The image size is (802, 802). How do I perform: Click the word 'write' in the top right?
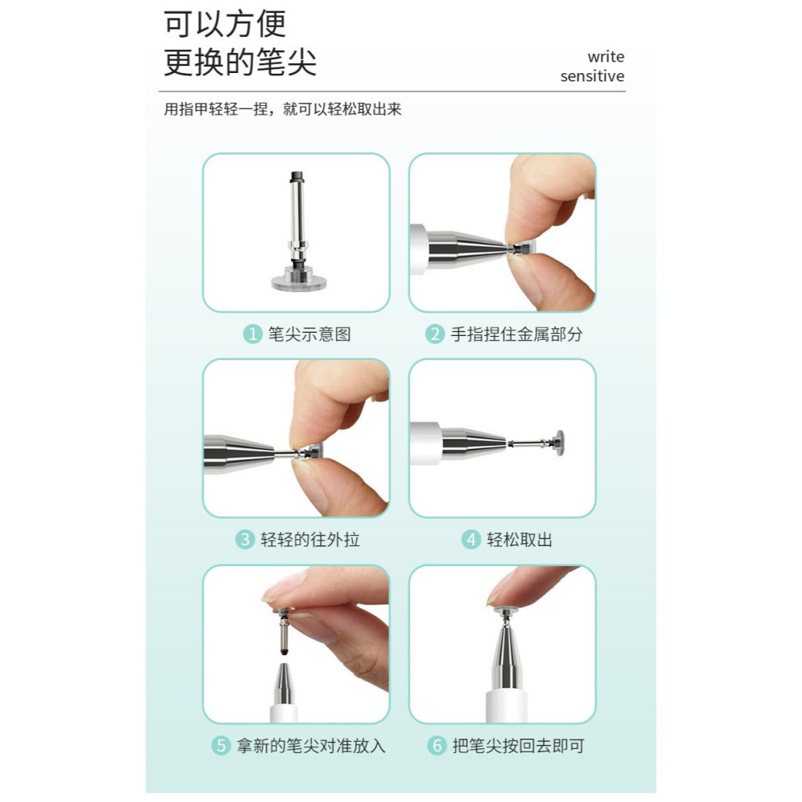(606, 57)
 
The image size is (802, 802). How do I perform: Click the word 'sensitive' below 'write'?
(592, 76)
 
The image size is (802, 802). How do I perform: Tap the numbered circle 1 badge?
(253, 334)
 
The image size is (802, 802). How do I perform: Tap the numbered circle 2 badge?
(435, 334)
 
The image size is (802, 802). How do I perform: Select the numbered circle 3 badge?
(245, 540)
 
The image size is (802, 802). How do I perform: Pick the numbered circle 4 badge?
(471, 540)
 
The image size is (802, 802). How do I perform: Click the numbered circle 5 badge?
(221, 745)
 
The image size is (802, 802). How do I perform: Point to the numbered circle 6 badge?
(436, 745)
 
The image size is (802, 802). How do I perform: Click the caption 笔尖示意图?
(309, 334)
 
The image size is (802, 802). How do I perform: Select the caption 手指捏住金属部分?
(516, 334)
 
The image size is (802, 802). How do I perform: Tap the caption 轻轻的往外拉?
(310, 540)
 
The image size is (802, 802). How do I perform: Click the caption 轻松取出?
(520, 540)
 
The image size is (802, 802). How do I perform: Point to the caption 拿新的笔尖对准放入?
(310, 745)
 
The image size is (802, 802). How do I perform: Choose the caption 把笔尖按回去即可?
(518, 745)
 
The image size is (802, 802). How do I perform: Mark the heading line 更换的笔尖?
(240, 63)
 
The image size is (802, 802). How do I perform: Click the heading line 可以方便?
(225, 24)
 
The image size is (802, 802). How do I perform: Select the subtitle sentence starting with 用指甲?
(282, 110)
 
